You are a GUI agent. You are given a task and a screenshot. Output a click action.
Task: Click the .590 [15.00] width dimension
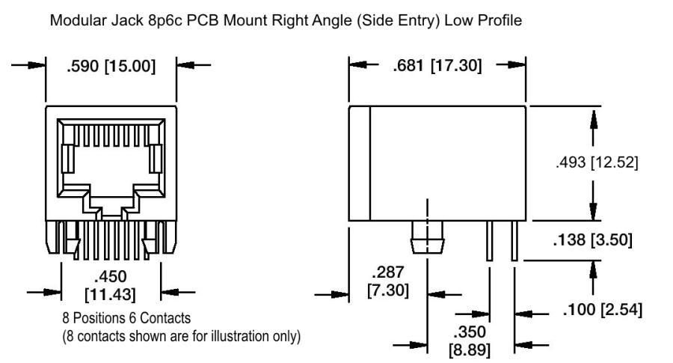pos(111,67)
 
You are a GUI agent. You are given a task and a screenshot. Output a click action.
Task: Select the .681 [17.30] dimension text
pos(437,67)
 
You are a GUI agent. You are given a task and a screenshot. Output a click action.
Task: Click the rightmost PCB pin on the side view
pos(514,242)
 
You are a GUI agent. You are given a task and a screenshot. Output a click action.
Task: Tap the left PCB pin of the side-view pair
pos(489,242)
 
